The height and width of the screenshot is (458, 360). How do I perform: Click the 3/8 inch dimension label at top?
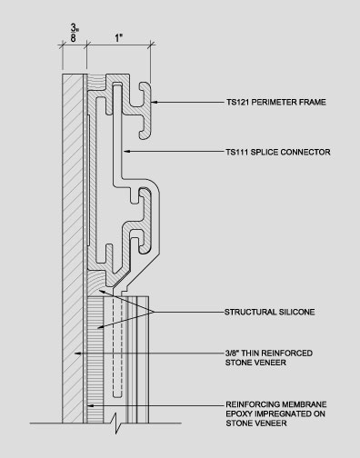click(74, 33)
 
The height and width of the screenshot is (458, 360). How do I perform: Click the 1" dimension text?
click(118, 38)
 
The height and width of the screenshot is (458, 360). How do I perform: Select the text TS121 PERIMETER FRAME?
click(276, 102)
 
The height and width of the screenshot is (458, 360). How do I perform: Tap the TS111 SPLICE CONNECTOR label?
click(278, 152)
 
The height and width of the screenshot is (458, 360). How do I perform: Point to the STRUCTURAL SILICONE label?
click(269, 312)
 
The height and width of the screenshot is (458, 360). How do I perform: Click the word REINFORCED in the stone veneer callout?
click(286, 353)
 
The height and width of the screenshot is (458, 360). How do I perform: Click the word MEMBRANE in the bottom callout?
click(304, 404)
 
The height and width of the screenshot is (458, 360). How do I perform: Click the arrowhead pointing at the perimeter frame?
click(155, 102)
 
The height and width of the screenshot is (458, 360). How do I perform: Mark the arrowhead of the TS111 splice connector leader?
click(127, 151)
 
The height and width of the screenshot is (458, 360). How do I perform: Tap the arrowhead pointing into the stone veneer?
click(78, 353)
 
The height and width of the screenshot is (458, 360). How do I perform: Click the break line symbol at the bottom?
click(116, 423)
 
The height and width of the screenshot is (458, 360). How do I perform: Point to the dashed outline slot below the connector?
click(117, 346)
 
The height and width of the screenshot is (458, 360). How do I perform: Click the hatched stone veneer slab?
click(73, 248)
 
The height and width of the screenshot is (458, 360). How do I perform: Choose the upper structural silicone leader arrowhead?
click(103, 292)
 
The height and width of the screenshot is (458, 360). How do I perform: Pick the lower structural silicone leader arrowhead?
click(101, 327)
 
